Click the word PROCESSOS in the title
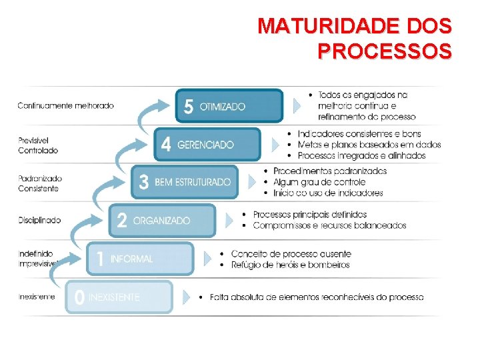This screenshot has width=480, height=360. click(385, 51)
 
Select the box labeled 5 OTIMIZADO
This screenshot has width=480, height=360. click(229, 106)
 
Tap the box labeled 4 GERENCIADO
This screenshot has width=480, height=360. click(207, 144)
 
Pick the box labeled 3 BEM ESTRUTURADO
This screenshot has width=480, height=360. click(185, 182)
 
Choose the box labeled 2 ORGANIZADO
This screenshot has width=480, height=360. click(163, 221)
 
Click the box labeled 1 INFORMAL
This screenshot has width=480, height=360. click(140, 259)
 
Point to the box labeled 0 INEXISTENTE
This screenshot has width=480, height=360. click(119, 297)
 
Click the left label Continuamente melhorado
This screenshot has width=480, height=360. click(65, 105)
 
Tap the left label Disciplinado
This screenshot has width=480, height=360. click(39, 220)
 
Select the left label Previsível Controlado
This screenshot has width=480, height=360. click(38, 145)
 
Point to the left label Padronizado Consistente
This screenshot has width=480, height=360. click(40, 183)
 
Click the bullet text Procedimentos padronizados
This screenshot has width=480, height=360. click(330, 171)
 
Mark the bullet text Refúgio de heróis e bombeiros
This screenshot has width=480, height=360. click(291, 265)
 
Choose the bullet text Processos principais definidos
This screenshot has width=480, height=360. click(310, 215)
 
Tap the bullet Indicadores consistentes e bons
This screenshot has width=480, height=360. click(359, 133)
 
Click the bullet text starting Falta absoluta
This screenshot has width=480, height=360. click(317, 297)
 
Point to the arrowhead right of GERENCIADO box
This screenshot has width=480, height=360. click(275, 144)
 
